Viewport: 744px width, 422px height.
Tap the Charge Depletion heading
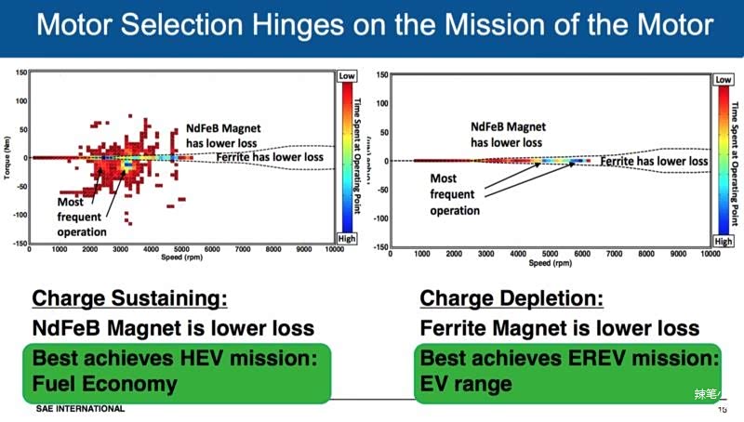511,298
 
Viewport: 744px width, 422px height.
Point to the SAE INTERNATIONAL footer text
80,409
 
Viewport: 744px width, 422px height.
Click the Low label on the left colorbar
346,75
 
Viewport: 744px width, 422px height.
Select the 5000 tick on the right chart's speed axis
551,253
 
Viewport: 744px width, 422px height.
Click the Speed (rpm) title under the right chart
549,263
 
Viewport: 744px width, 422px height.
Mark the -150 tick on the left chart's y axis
18,244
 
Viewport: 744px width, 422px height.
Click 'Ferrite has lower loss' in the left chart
270,157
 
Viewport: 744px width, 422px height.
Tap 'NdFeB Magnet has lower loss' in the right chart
508,134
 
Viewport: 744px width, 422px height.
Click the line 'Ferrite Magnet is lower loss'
560,328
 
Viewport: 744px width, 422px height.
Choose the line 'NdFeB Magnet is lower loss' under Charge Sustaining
173,328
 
